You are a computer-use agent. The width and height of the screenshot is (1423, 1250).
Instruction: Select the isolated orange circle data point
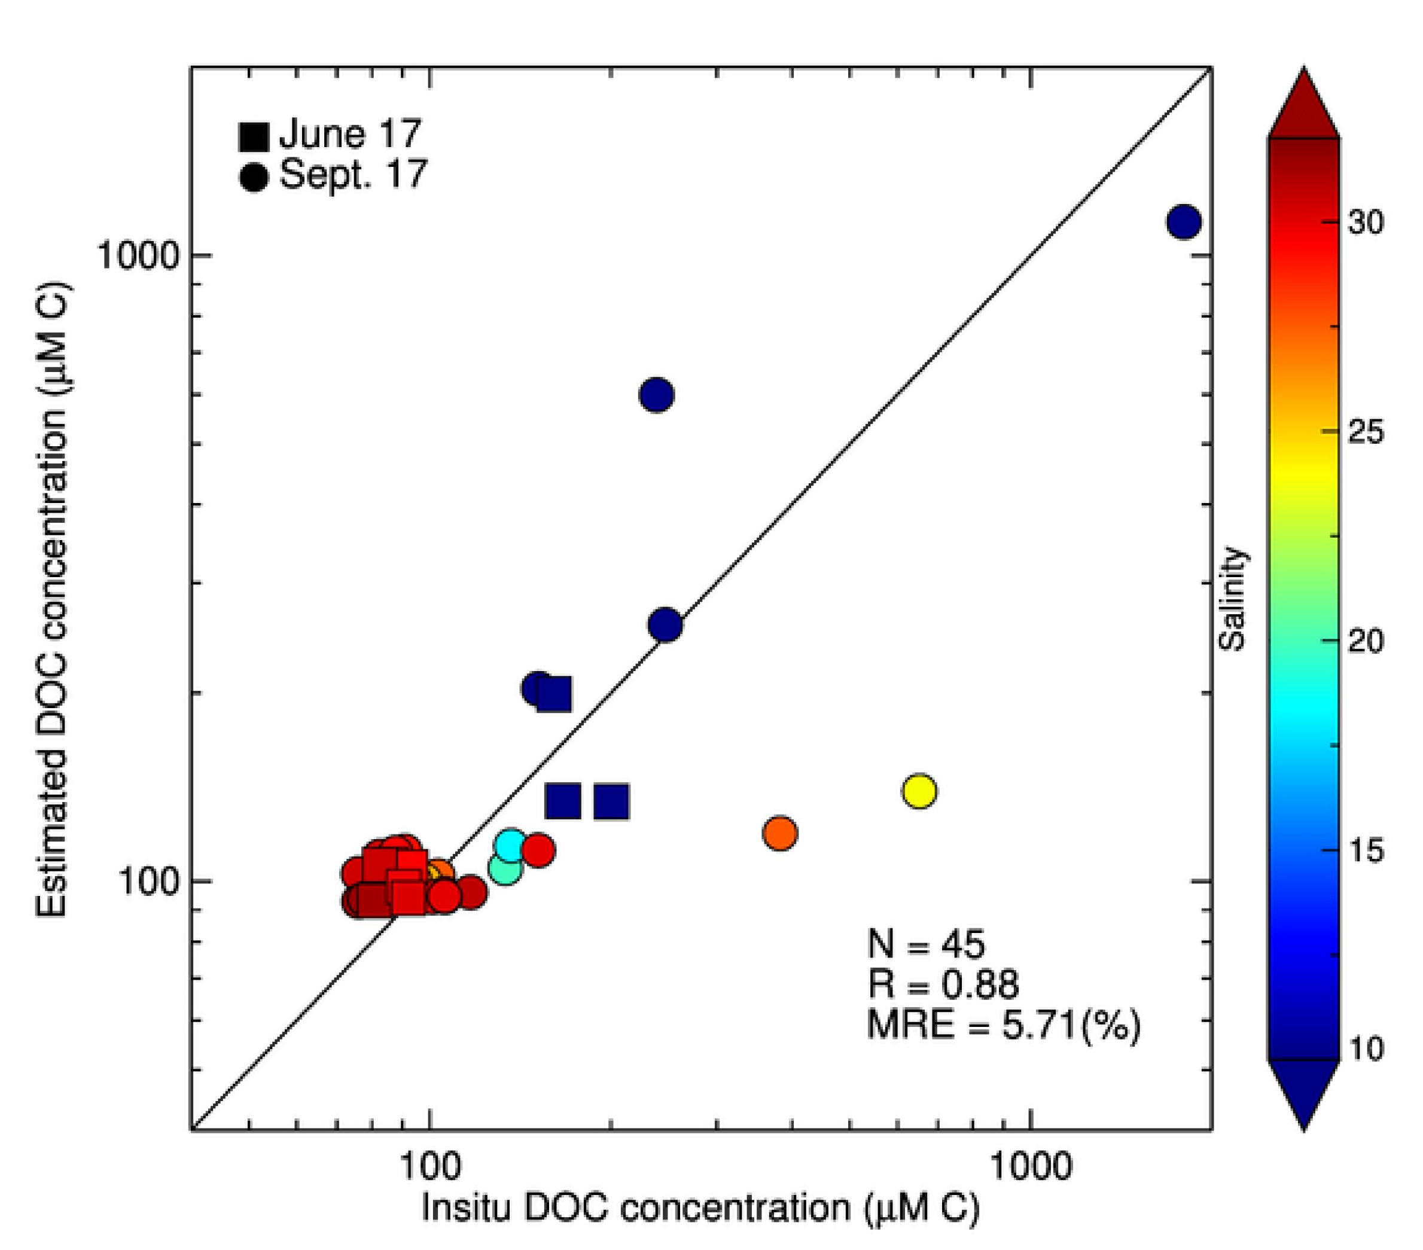pos(780,833)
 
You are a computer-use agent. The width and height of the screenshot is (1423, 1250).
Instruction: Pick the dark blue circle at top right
pos(1184,221)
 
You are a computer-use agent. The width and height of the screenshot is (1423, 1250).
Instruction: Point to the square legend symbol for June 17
pos(254,136)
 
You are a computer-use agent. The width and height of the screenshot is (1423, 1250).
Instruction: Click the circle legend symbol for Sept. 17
pos(254,177)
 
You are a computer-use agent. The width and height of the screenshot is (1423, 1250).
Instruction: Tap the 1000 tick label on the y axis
pos(137,256)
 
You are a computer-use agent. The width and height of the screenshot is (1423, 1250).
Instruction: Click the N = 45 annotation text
pos(926,944)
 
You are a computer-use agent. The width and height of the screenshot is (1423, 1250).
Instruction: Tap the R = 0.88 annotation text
pos(943,984)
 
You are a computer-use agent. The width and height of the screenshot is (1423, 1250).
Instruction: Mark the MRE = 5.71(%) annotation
pos(1003,1025)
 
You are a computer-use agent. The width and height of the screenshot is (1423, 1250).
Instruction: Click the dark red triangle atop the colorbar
pos(1303,108)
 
